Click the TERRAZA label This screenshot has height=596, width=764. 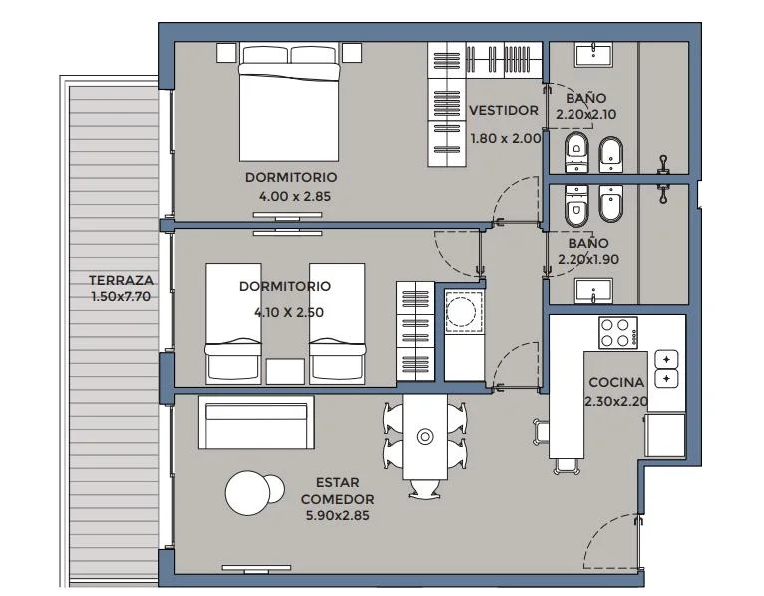(x=121, y=280)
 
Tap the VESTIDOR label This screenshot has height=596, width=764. (x=504, y=111)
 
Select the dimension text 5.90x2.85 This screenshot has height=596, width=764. (x=338, y=515)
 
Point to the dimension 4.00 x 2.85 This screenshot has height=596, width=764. (x=295, y=197)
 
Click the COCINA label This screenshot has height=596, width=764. (x=616, y=383)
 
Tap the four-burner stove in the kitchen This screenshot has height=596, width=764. (x=618, y=333)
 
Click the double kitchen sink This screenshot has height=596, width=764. (x=666, y=369)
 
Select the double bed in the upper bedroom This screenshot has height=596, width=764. (x=289, y=103)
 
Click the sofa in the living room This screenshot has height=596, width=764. (x=256, y=423)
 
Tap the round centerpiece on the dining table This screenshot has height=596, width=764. (x=425, y=437)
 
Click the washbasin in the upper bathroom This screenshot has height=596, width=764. (x=594, y=55)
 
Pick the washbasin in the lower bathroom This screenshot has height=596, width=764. (x=594, y=291)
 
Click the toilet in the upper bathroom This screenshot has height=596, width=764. (x=576, y=151)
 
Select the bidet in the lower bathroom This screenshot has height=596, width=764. (x=611, y=203)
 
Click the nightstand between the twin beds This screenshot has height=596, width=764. (x=285, y=371)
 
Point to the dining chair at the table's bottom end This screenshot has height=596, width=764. (x=424, y=489)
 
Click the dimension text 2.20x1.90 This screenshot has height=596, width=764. (x=588, y=259)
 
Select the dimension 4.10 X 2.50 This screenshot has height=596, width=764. (x=289, y=312)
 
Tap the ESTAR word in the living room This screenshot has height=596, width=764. (x=338, y=483)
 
